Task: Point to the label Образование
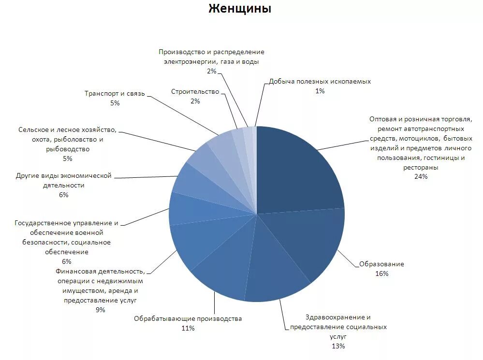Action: point(381,264)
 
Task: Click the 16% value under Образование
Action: point(381,274)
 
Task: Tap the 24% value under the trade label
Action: point(421,176)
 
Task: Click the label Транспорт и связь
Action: point(115,93)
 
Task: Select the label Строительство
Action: point(195,91)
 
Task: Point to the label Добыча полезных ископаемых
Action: point(320,81)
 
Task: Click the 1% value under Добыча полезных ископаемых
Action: point(320,91)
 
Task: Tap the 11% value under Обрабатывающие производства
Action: point(188,328)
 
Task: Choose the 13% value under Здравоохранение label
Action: point(338,346)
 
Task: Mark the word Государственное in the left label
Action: point(43,223)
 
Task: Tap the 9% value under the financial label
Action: point(101,310)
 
